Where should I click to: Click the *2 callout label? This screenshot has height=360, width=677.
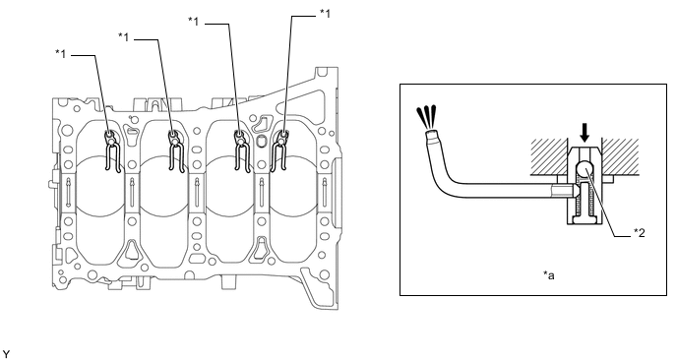tap(639, 233)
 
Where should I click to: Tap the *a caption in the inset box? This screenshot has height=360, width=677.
tap(548, 274)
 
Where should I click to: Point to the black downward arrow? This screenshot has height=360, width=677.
tap(585, 133)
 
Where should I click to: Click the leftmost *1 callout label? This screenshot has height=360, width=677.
tap(60, 54)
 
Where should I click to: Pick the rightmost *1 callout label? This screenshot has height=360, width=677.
tap(325, 14)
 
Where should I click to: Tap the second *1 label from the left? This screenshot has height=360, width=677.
tap(123, 37)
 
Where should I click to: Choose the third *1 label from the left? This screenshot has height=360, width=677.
tap(194, 21)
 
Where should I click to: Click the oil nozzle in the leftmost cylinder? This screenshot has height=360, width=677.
tap(112, 151)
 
